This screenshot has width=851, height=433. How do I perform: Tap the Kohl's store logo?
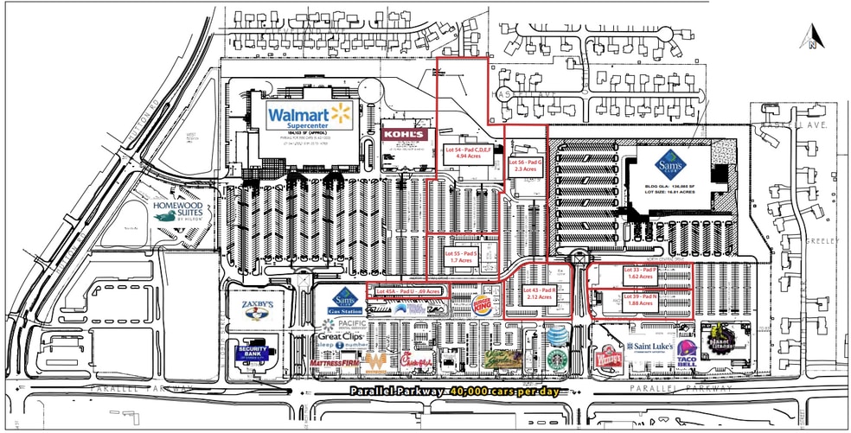point(404,135)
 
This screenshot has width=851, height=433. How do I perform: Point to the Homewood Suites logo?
point(176,211)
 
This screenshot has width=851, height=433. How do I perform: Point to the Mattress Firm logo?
point(337,364)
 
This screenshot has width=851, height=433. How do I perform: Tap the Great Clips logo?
point(339,334)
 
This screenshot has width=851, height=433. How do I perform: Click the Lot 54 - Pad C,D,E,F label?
point(468,153)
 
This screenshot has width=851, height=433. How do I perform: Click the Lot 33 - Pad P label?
point(641,273)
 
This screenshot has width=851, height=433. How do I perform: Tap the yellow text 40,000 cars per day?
point(504,392)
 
